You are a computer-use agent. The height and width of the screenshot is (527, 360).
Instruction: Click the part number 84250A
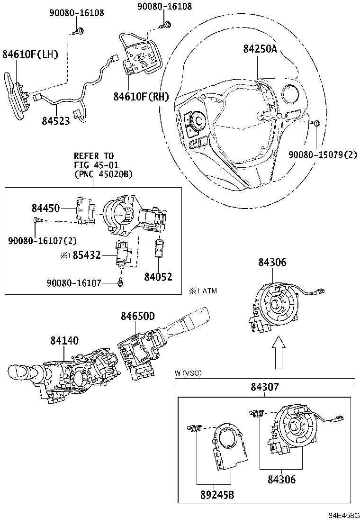click(260, 49)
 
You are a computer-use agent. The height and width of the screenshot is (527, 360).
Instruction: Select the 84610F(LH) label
click(30, 55)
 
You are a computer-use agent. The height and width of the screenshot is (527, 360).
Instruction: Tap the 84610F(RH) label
click(141, 97)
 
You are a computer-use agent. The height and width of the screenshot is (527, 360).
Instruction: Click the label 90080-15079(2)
click(323, 154)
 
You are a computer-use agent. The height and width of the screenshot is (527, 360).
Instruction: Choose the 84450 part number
click(45, 209)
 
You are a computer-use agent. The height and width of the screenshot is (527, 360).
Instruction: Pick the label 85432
click(86, 255)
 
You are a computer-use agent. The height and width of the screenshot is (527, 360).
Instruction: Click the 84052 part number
click(158, 277)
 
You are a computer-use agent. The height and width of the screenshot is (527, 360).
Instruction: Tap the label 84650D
click(137, 316)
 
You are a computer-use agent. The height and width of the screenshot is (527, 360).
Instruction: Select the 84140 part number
click(64, 340)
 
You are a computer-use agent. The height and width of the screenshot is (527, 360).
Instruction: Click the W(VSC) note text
click(188, 373)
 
